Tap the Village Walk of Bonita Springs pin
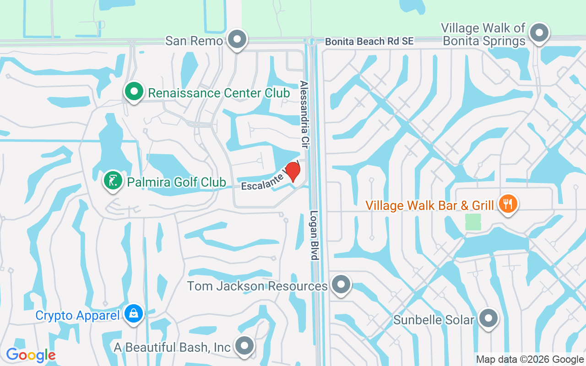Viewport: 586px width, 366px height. tap(540, 33)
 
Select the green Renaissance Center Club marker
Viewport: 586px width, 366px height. tap(134, 91)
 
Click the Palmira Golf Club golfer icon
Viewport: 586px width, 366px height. tap(113, 180)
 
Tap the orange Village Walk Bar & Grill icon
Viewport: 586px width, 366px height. tap(507, 204)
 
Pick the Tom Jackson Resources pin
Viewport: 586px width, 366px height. tap(340, 285)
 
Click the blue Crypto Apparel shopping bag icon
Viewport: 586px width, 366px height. tap(133, 314)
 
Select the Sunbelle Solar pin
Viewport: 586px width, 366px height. tap(488, 318)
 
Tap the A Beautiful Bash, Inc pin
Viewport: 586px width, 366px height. tap(244, 346)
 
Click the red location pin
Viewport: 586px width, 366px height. tap(293, 172)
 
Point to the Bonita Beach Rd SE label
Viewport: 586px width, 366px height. tap(369, 41)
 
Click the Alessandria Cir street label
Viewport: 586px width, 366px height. tap(304, 114)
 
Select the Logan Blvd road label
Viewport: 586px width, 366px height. tap(314, 235)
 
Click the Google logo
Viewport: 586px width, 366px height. tap(31, 355)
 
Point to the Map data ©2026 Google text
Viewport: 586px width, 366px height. tap(530, 360)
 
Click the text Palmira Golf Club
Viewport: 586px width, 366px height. tap(176, 182)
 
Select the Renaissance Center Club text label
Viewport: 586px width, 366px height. tap(219, 93)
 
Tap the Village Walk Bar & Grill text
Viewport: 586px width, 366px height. tap(429, 205)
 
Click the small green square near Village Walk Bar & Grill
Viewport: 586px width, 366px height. tap(473, 222)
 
